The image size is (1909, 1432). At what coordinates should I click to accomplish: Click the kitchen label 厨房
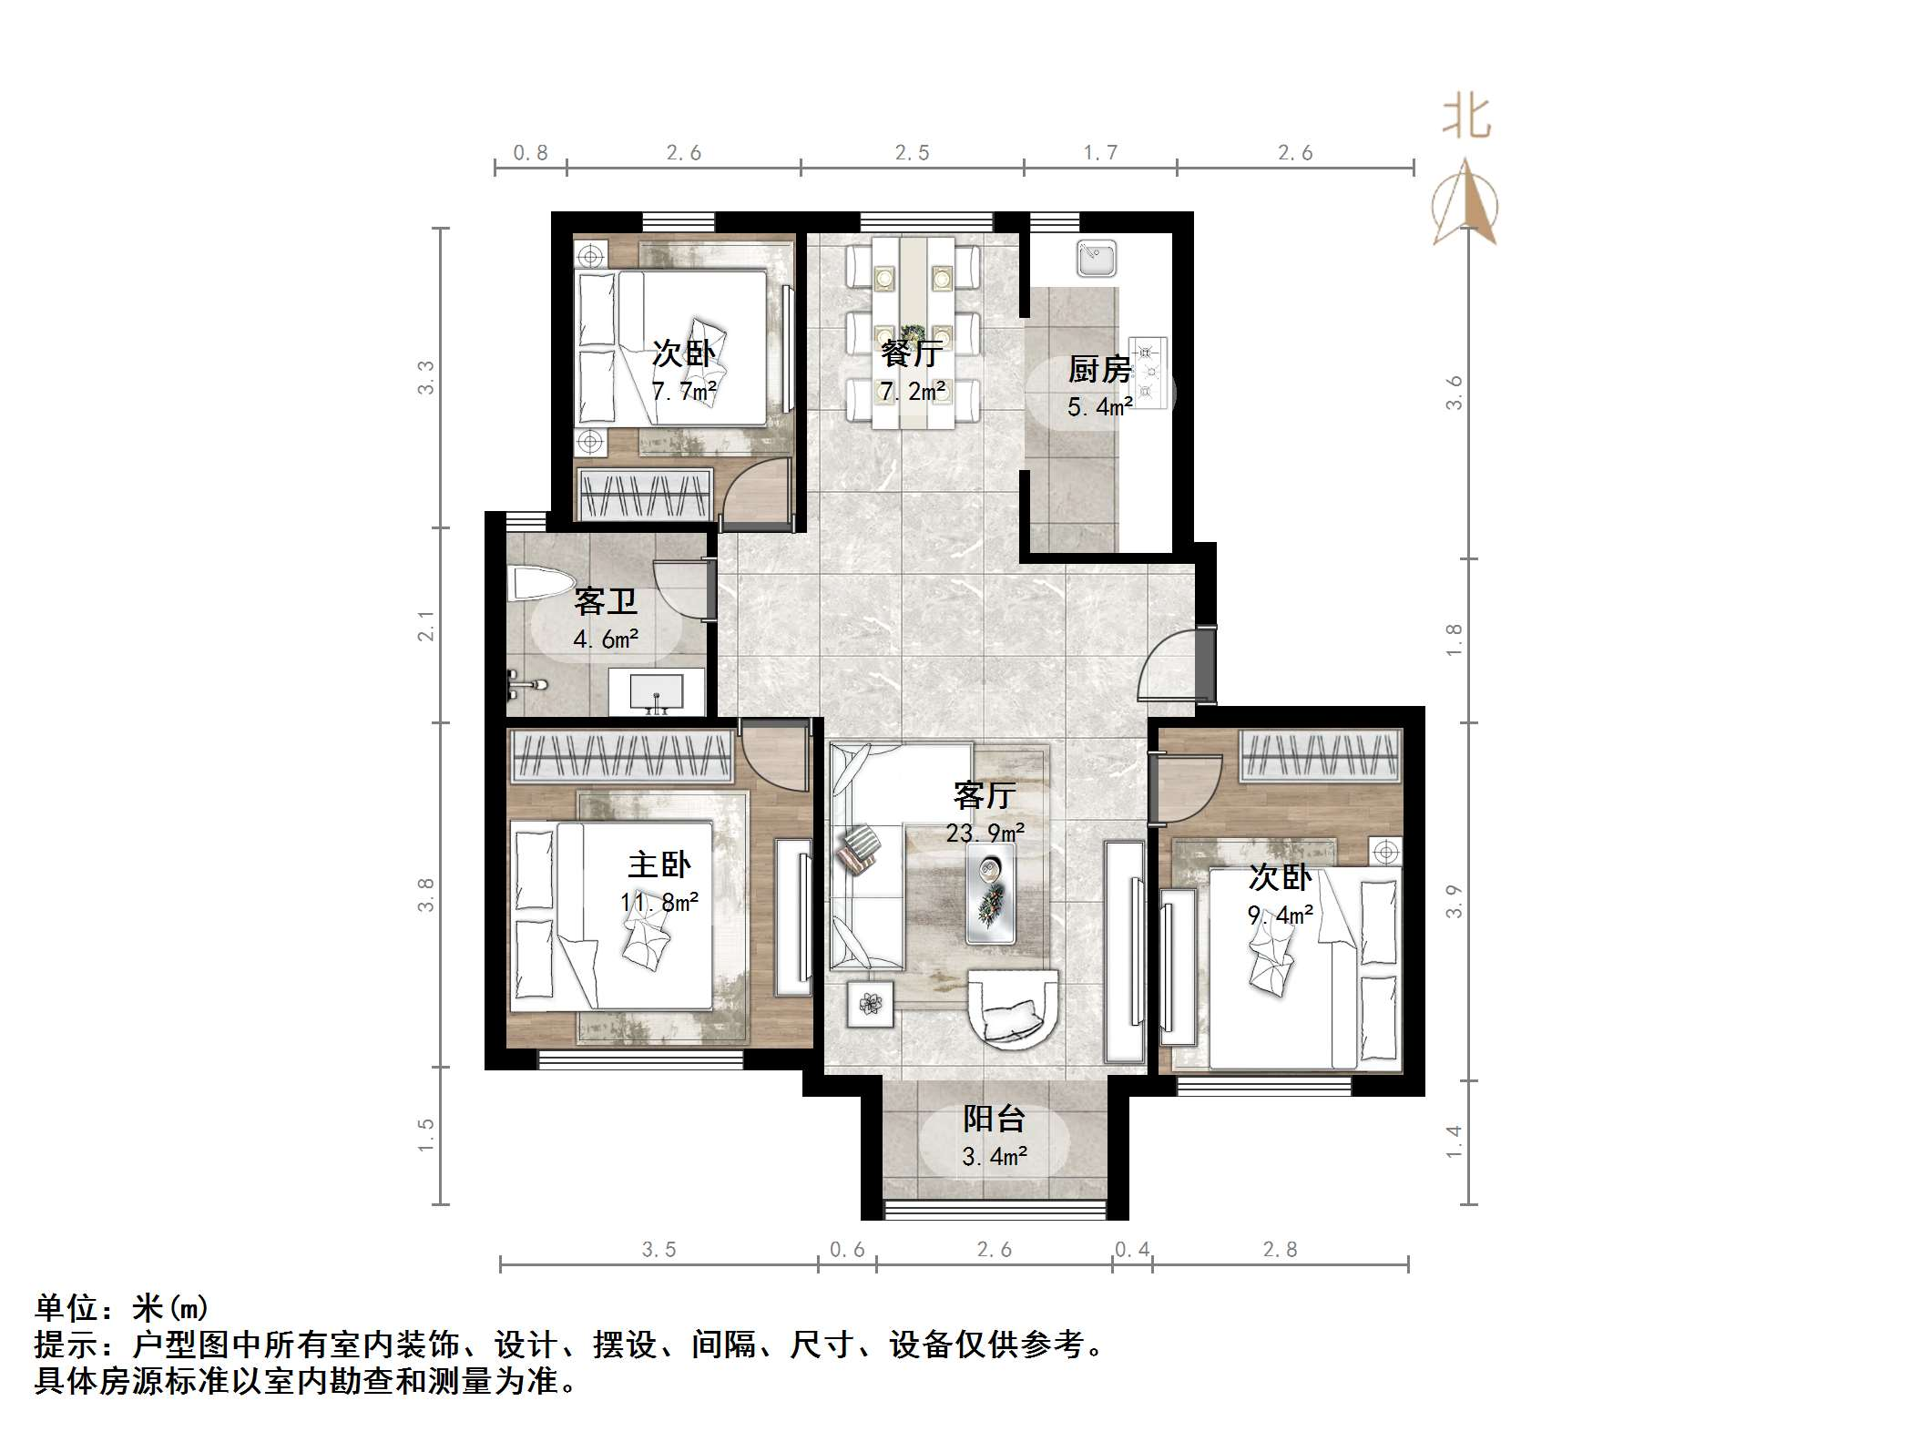pyautogui.click(x=1099, y=370)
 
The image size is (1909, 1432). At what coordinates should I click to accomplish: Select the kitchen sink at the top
pyautogui.click(x=1097, y=258)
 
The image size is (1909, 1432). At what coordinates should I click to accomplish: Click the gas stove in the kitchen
pyautogui.click(x=1148, y=372)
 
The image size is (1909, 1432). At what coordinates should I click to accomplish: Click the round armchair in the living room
pyautogui.click(x=1012, y=1008)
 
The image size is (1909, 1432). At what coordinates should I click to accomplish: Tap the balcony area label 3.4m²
pyautogui.click(x=995, y=1157)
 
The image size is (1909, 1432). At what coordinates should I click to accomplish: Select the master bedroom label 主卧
pyautogui.click(x=659, y=864)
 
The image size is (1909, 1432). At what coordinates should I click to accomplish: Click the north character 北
pyautogui.click(x=1465, y=118)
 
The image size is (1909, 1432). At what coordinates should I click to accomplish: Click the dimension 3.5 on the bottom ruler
pyautogui.click(x=658, y=1250)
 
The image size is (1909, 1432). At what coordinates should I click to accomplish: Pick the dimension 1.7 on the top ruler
pyautogui.click(x=1100, y=153)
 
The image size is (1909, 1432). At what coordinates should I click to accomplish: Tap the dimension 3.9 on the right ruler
pyautogui.click(x=1455, y=901)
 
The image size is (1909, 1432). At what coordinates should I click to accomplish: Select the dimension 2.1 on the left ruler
pyautogui.click(x=426, y=626)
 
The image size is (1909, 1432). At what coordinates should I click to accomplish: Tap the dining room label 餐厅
pyautogui.click(x=911, y=353)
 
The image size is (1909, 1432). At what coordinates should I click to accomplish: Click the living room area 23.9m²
pyautogui.click(x=985, y=833)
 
